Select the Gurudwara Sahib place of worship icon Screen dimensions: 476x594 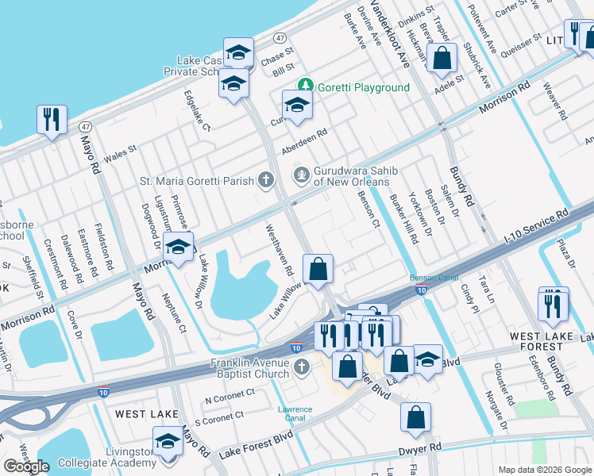point(301,175)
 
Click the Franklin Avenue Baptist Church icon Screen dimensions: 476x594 point(300,367)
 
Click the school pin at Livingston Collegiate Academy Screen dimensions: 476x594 point(168,441)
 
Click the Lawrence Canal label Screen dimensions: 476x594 point(295,414)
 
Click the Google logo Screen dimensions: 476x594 point(26,466)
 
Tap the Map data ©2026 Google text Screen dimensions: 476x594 point(545,470)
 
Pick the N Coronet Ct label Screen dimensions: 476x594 point(229,392)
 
